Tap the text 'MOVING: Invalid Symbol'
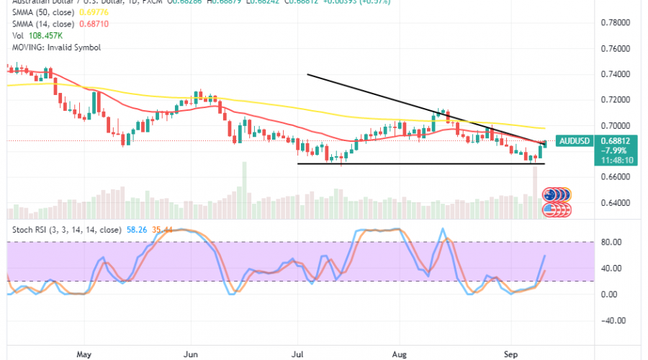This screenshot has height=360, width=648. (55, 47)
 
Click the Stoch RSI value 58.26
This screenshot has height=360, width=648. (136, 230)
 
